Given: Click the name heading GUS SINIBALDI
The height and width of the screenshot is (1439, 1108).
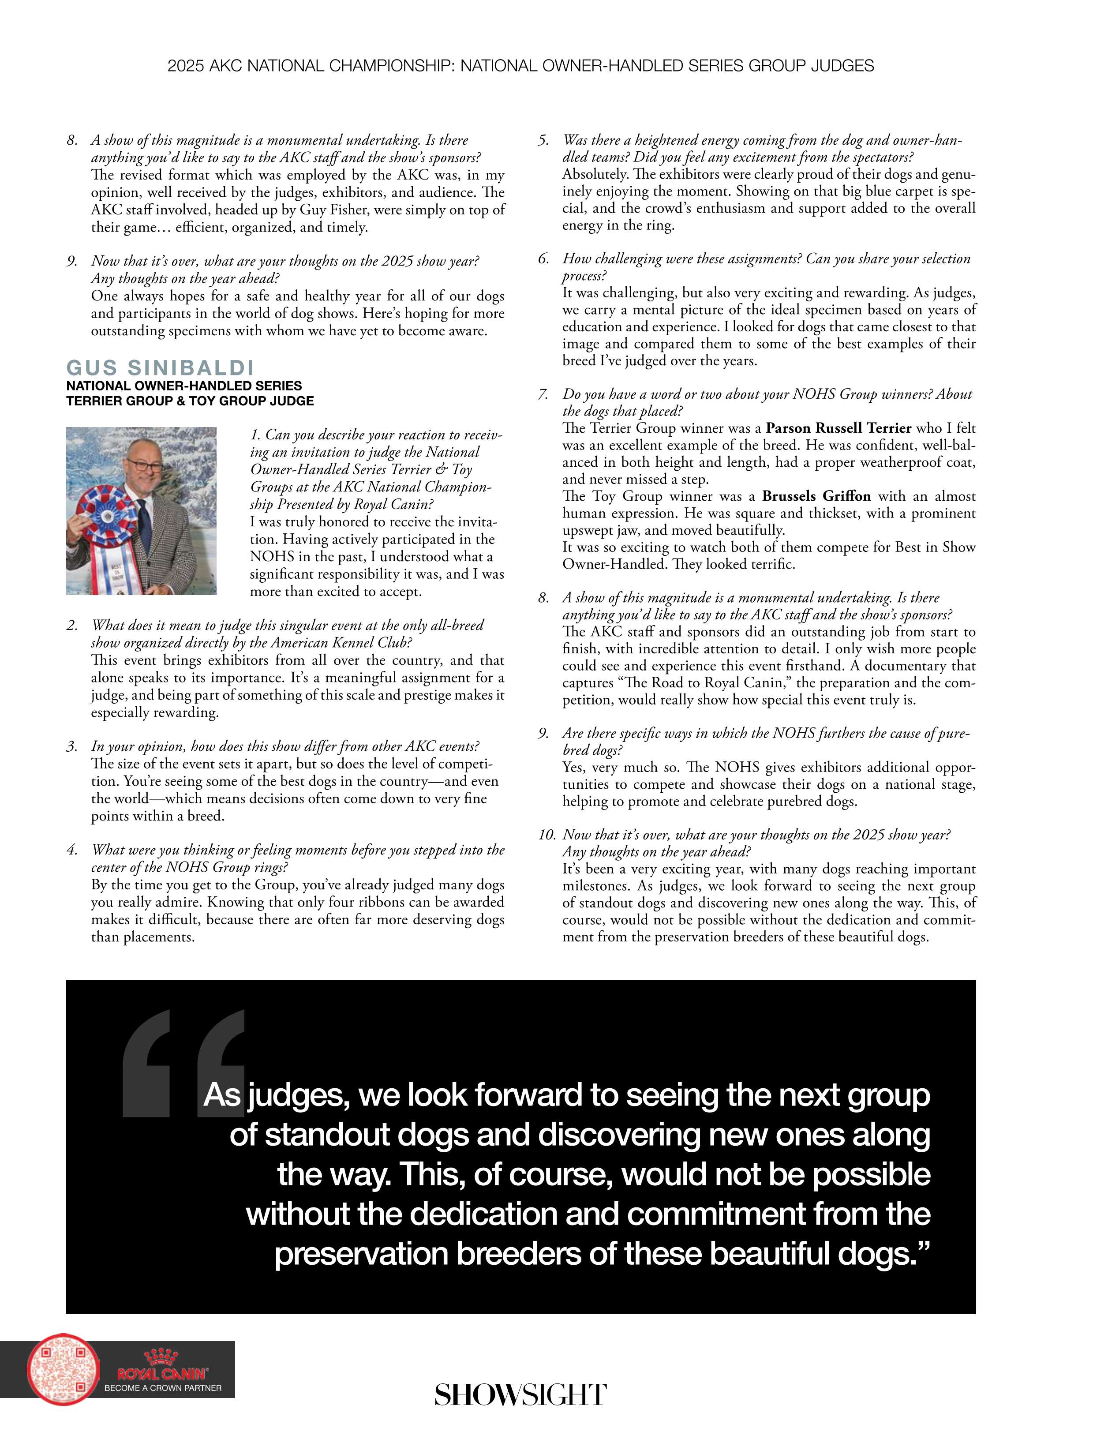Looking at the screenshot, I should (160, 367).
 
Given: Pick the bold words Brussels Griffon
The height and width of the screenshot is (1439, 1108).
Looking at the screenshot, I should (816, 496).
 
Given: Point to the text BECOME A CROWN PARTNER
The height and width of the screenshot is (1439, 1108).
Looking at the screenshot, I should (163, 1388).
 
